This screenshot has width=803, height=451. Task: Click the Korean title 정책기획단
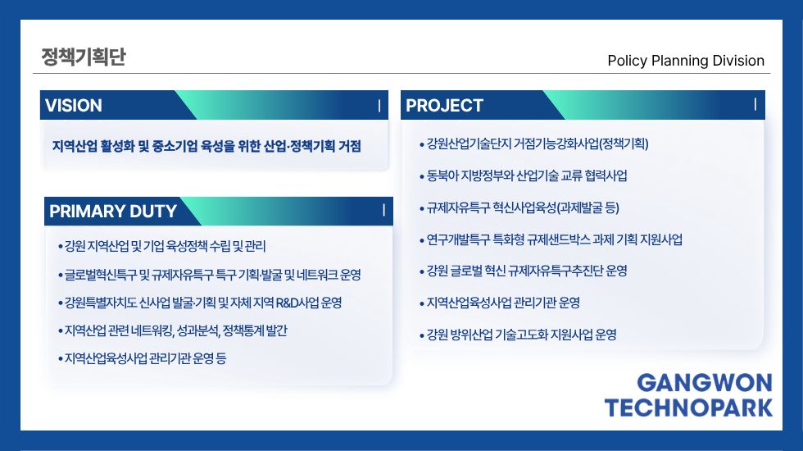pos(84,57)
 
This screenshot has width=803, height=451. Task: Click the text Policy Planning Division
pos(686,61)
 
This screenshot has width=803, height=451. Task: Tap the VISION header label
pos(73,106)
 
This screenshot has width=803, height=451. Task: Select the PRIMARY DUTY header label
pos(113,212)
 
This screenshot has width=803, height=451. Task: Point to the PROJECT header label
pos(444,106)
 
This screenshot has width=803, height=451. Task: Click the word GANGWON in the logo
pos(704,383)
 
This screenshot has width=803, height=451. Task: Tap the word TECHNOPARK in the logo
pos(688,408)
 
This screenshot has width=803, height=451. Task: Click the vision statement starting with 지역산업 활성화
pos(206,146)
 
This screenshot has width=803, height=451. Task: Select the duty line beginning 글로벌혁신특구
pos(210,275)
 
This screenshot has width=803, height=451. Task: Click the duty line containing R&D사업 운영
pos(200,303)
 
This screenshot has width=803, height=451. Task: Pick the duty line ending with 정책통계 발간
pos(173,330)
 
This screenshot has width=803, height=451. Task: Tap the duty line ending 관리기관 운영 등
pos(142,358)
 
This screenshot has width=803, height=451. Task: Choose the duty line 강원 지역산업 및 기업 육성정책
pos(162,247)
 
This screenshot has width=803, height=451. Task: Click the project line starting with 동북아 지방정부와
pos(524,175)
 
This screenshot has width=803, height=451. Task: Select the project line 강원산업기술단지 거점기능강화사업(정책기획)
pos(534,144)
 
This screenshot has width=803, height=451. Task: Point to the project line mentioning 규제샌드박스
pos(551,239)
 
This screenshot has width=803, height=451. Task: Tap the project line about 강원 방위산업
pos(518,335)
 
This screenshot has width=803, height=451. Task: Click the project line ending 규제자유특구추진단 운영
pos(524,271)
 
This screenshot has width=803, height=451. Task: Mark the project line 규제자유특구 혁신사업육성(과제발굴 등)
pos(519,207)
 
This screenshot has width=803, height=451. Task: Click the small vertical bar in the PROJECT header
pos(755,105)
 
